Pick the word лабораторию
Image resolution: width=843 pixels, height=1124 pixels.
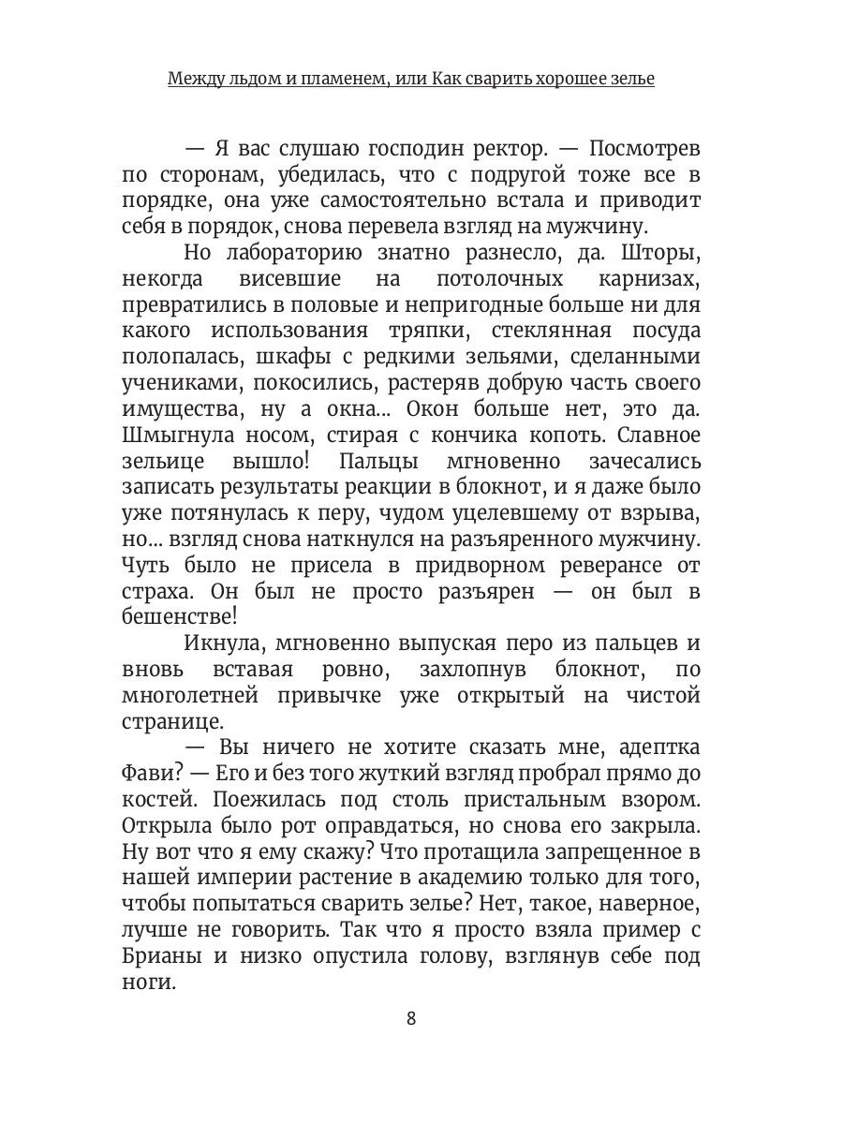295,255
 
